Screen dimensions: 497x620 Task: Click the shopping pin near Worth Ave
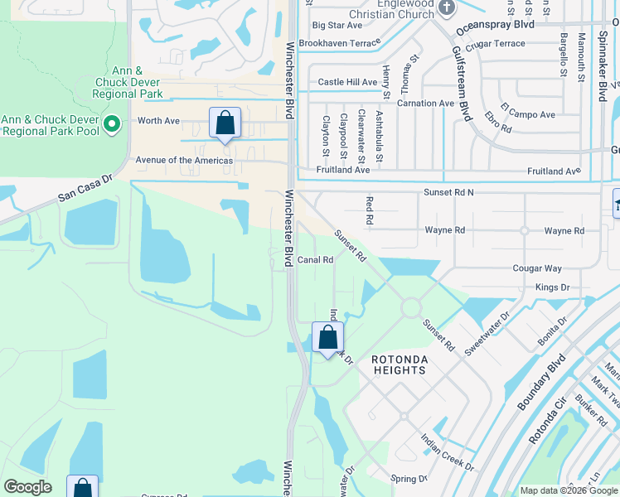click(x=225, y=123)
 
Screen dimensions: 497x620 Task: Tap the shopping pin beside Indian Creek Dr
click(x=327, y=338)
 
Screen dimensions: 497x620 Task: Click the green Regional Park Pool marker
click(x=114, y=125)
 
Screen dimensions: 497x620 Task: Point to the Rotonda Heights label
click(x=399, y=364)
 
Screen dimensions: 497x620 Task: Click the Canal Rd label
click(x=315, y=260)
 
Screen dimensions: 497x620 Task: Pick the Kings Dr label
click(x=552, y=287)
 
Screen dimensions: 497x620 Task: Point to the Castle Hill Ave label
click(x=347, y=82)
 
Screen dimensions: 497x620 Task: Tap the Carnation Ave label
click(x=425, y=104)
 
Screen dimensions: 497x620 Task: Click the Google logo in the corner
click(x=27, y=487)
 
